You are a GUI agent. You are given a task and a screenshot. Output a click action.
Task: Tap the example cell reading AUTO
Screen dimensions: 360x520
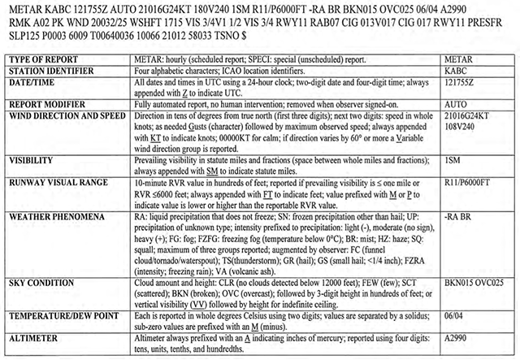coord(456,104)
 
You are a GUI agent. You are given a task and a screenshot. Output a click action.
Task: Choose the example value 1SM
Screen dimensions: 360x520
coord(453,161)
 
